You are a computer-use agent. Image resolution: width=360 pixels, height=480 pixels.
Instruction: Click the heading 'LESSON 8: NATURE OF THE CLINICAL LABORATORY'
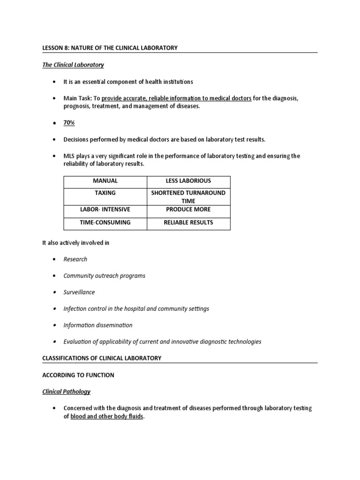[x=110, y=48]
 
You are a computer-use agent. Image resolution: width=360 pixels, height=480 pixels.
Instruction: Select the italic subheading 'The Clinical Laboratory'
[x=73, y=65]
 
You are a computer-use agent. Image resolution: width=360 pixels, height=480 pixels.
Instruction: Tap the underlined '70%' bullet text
[x=69, y=122]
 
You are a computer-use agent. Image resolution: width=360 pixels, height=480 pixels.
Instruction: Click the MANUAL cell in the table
[x=105, y=181]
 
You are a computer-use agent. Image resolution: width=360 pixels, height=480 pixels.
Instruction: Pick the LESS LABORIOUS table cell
[x=188, y=181]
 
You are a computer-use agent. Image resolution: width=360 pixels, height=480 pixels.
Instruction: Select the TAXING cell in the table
[x=105, y=193]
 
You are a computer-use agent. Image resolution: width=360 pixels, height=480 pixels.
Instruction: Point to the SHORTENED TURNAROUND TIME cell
[x=188, y=197]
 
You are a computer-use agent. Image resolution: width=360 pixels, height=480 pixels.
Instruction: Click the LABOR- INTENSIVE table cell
[x=105, y=210]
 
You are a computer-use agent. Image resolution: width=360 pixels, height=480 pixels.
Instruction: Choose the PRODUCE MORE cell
[x=188, y=210]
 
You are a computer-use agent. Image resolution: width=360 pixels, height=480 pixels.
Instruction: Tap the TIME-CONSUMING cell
[x=105, y=223]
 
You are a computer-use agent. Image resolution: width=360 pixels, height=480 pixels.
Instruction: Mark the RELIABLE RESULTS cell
[x=188, y=223]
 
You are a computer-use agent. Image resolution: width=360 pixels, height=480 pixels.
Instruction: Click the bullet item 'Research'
[x=75, y=259]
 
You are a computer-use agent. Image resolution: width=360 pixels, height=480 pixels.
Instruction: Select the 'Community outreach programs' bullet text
[x=104, y=276]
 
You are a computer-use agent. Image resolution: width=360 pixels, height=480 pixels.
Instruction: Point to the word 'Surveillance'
[x=79, y=292]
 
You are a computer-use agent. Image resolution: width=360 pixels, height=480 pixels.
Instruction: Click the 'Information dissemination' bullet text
[x=98, y=325]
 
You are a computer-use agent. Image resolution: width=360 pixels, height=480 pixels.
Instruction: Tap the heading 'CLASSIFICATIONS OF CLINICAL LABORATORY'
[x=102, y=358]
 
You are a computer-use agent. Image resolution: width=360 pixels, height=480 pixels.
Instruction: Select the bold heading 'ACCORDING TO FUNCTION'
[x=78, y=375]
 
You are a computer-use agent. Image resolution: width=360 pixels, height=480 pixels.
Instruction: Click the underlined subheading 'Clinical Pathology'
[x=67, y=391]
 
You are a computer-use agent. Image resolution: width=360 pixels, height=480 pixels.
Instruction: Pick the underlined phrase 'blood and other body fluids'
[x=107, y=416]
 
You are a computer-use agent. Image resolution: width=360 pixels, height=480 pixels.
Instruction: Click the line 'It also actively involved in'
[x=76, y=243]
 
